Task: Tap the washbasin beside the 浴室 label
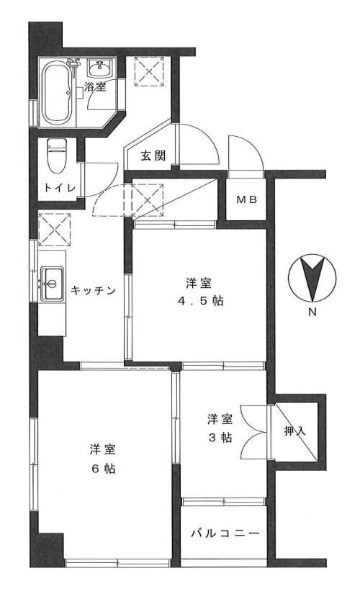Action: point(100,68)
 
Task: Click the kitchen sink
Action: point(52,284)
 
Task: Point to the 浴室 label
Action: point(95,87)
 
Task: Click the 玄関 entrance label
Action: point(153,155)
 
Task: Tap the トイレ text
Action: point(60,188)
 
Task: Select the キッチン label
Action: point(93,290)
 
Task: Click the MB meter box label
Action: point(246,200)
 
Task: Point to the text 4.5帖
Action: point(201,301)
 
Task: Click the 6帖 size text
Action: point(102,469)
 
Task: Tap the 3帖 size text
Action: point(220,438)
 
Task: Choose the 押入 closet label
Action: point(294,431)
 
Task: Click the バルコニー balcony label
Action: point(225,533)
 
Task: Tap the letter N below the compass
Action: point(312,312)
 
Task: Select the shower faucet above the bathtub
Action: point(73,63)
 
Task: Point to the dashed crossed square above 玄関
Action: point(148,71)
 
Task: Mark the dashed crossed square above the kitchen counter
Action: point(55,230)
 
